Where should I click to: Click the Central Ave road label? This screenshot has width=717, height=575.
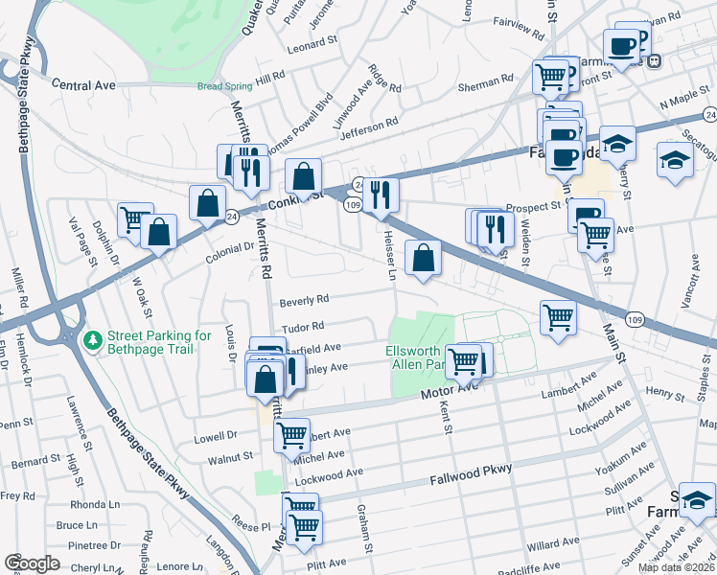pyautogui.click(x=83, y=85)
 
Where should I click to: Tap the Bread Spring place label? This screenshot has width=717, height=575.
pyautogui.click(x=222, y=86)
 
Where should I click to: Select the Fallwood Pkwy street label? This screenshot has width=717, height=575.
pyautogui.click(x=471, y=471)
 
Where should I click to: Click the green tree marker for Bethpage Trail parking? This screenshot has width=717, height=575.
pyautogui.click(x=93, y=340)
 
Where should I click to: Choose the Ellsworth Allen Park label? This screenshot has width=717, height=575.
pyautogui.click(x=415, y=357)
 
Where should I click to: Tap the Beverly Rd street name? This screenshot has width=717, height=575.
pyautogui.click(x=304, y=301)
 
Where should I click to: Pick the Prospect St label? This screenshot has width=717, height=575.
pyautogui.click(x=534, y=206)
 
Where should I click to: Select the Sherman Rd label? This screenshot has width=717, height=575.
pyautogui.click(x=487, y=82)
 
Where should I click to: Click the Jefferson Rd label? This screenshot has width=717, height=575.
pyautogui.click(x=369, y=126)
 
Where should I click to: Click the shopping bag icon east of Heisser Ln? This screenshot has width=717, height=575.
pyautogui.click(x=423, y=257)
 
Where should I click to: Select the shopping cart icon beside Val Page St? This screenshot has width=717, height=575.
pyautogui.click(x=133, y=218)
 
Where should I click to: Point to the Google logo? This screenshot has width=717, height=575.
pyautogui.click(x=32, y=563)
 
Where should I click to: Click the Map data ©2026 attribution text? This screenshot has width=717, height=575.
pyautogui.click(x=676, y=567)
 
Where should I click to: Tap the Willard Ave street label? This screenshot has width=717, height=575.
pyautogui.click(x=554, y=543)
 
